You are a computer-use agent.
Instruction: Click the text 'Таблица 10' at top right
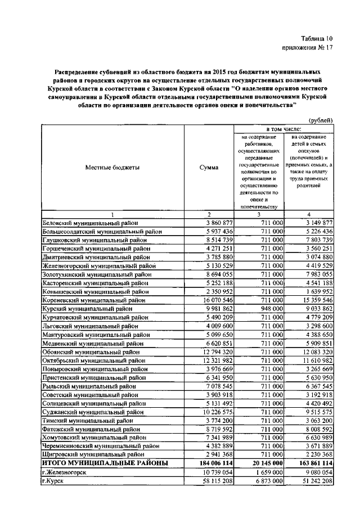click(316, 39)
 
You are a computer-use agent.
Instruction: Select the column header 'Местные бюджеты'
click(112, 167)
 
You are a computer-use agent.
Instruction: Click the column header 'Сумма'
click(209, 167)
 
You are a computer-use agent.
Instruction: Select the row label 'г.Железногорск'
click(65, 473)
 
